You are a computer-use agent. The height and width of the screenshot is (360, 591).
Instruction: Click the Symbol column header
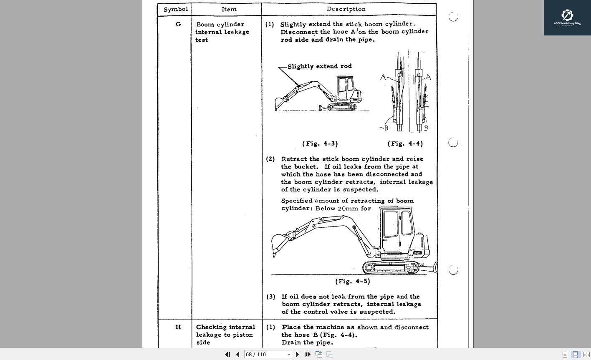(x=175, y=9)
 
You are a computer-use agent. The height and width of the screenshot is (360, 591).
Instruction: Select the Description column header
(x=346, y=9)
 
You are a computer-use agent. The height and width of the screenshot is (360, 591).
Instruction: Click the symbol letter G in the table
(x=178, y=24)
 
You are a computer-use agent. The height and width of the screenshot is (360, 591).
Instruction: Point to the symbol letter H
(x=178, y=327)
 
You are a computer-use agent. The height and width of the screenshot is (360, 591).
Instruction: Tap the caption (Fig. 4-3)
(x=320, y=143)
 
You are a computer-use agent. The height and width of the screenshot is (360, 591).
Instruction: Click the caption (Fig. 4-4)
(x=405, y=143)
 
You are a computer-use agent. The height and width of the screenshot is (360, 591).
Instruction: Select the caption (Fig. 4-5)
(x=353, y=281)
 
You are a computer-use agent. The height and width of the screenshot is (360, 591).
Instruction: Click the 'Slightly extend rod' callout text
(x=319, y=66)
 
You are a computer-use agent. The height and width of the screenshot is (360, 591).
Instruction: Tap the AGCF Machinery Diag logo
(x=567, y=18)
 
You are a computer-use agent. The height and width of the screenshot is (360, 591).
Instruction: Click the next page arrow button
(x=297, y=354)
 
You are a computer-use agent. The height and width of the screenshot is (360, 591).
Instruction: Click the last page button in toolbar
(x=308, y=354)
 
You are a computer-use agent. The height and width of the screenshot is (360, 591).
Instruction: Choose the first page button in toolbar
(x=227, y=354)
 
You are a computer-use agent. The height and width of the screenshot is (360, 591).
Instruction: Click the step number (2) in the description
(x=270, y=159)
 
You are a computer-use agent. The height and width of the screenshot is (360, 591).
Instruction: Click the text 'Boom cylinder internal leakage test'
(x=222, y=32)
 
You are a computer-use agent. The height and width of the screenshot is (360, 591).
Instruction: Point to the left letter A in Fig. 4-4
(x=383, y=77)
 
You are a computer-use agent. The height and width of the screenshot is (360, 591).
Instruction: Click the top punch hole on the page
(x=453, y=17)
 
